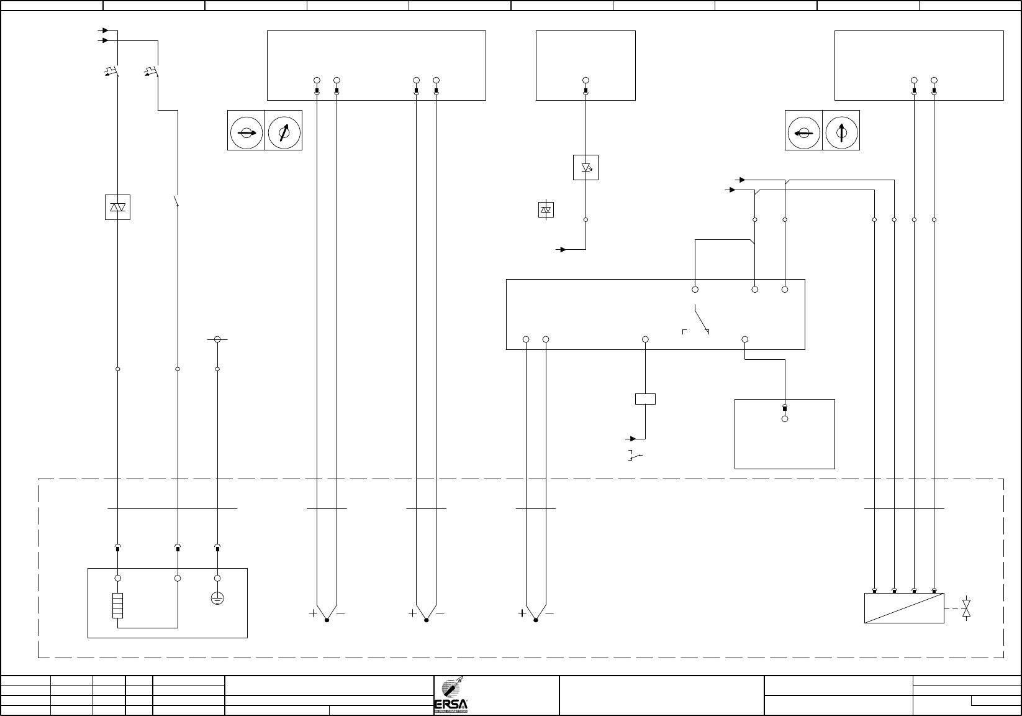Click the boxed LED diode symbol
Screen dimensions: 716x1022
(x=586, y=168)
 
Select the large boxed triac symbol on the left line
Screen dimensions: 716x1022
(x=117, y=208)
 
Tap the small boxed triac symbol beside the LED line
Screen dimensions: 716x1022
(x=546, y=210)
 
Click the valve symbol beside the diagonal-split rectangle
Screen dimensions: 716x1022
(x=966, y=608)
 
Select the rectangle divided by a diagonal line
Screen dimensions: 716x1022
(x=904, y=608)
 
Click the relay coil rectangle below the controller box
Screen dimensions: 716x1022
(x=645, y=399)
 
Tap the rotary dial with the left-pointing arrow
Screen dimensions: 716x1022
(x=803, y=133)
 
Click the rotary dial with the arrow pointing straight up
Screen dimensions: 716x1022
(x=841, y=133)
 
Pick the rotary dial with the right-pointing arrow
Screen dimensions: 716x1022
(x=246, y=133)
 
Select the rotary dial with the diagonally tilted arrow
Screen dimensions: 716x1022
(x=284, y=133)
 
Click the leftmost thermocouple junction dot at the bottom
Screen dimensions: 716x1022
(x=327, y=620)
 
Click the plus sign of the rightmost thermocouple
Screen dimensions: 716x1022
(x=522, y=613)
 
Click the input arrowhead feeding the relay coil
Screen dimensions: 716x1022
(x=633, y=439)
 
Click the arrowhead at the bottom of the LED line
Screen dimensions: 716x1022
(x=563, y=249)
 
